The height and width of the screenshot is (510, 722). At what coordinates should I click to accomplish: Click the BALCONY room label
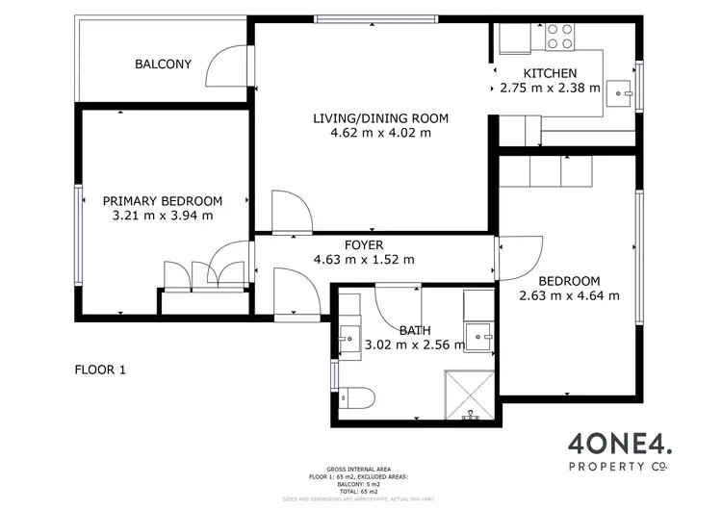point(163,64)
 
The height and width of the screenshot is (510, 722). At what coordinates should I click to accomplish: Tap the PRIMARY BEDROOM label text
point(163,201)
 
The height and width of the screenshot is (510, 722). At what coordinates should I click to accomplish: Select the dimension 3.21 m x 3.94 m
point(163,216)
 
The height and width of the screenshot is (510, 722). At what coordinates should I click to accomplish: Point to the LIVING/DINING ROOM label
point(381,118)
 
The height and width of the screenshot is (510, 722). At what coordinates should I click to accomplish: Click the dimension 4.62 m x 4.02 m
point(381,133)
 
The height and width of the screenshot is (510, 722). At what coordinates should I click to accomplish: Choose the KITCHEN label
point(550,73)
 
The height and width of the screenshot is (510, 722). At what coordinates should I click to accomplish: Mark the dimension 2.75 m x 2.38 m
point(550,88)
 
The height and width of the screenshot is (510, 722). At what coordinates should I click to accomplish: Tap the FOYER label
point(364,245)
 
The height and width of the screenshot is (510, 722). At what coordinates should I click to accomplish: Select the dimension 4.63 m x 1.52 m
point(364,260)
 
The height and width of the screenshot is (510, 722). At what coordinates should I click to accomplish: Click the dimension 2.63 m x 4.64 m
point(569,295)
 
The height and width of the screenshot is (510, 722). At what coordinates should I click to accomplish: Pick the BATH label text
point(410,331)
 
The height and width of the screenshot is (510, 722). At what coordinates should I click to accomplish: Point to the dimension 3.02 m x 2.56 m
point(411,345)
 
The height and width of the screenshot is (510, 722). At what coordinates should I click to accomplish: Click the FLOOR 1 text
point(100,369)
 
